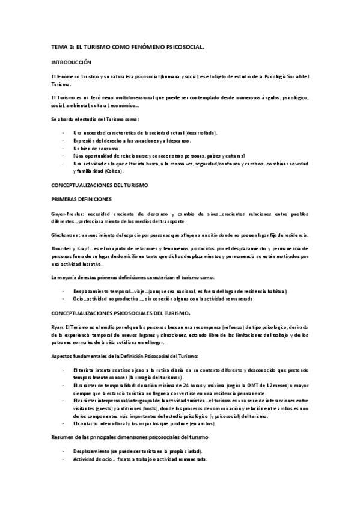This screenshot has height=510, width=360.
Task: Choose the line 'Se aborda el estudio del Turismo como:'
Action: coord(90,120)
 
